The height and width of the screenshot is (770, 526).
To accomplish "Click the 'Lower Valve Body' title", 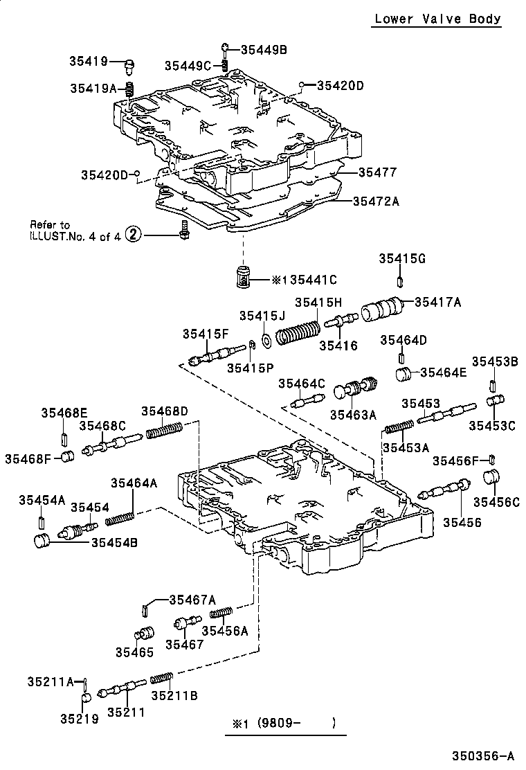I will (437, 19).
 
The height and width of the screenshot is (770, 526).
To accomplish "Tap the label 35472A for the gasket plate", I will (377, 202).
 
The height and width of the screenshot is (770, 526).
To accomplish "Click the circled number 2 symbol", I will (134, 235).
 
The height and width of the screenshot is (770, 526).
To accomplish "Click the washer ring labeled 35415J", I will (267, 343).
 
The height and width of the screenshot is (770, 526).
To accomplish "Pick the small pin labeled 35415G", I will (401, 280).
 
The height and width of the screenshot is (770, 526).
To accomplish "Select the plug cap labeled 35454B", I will (43, 541).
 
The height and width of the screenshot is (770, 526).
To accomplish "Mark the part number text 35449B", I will (264, 49).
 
